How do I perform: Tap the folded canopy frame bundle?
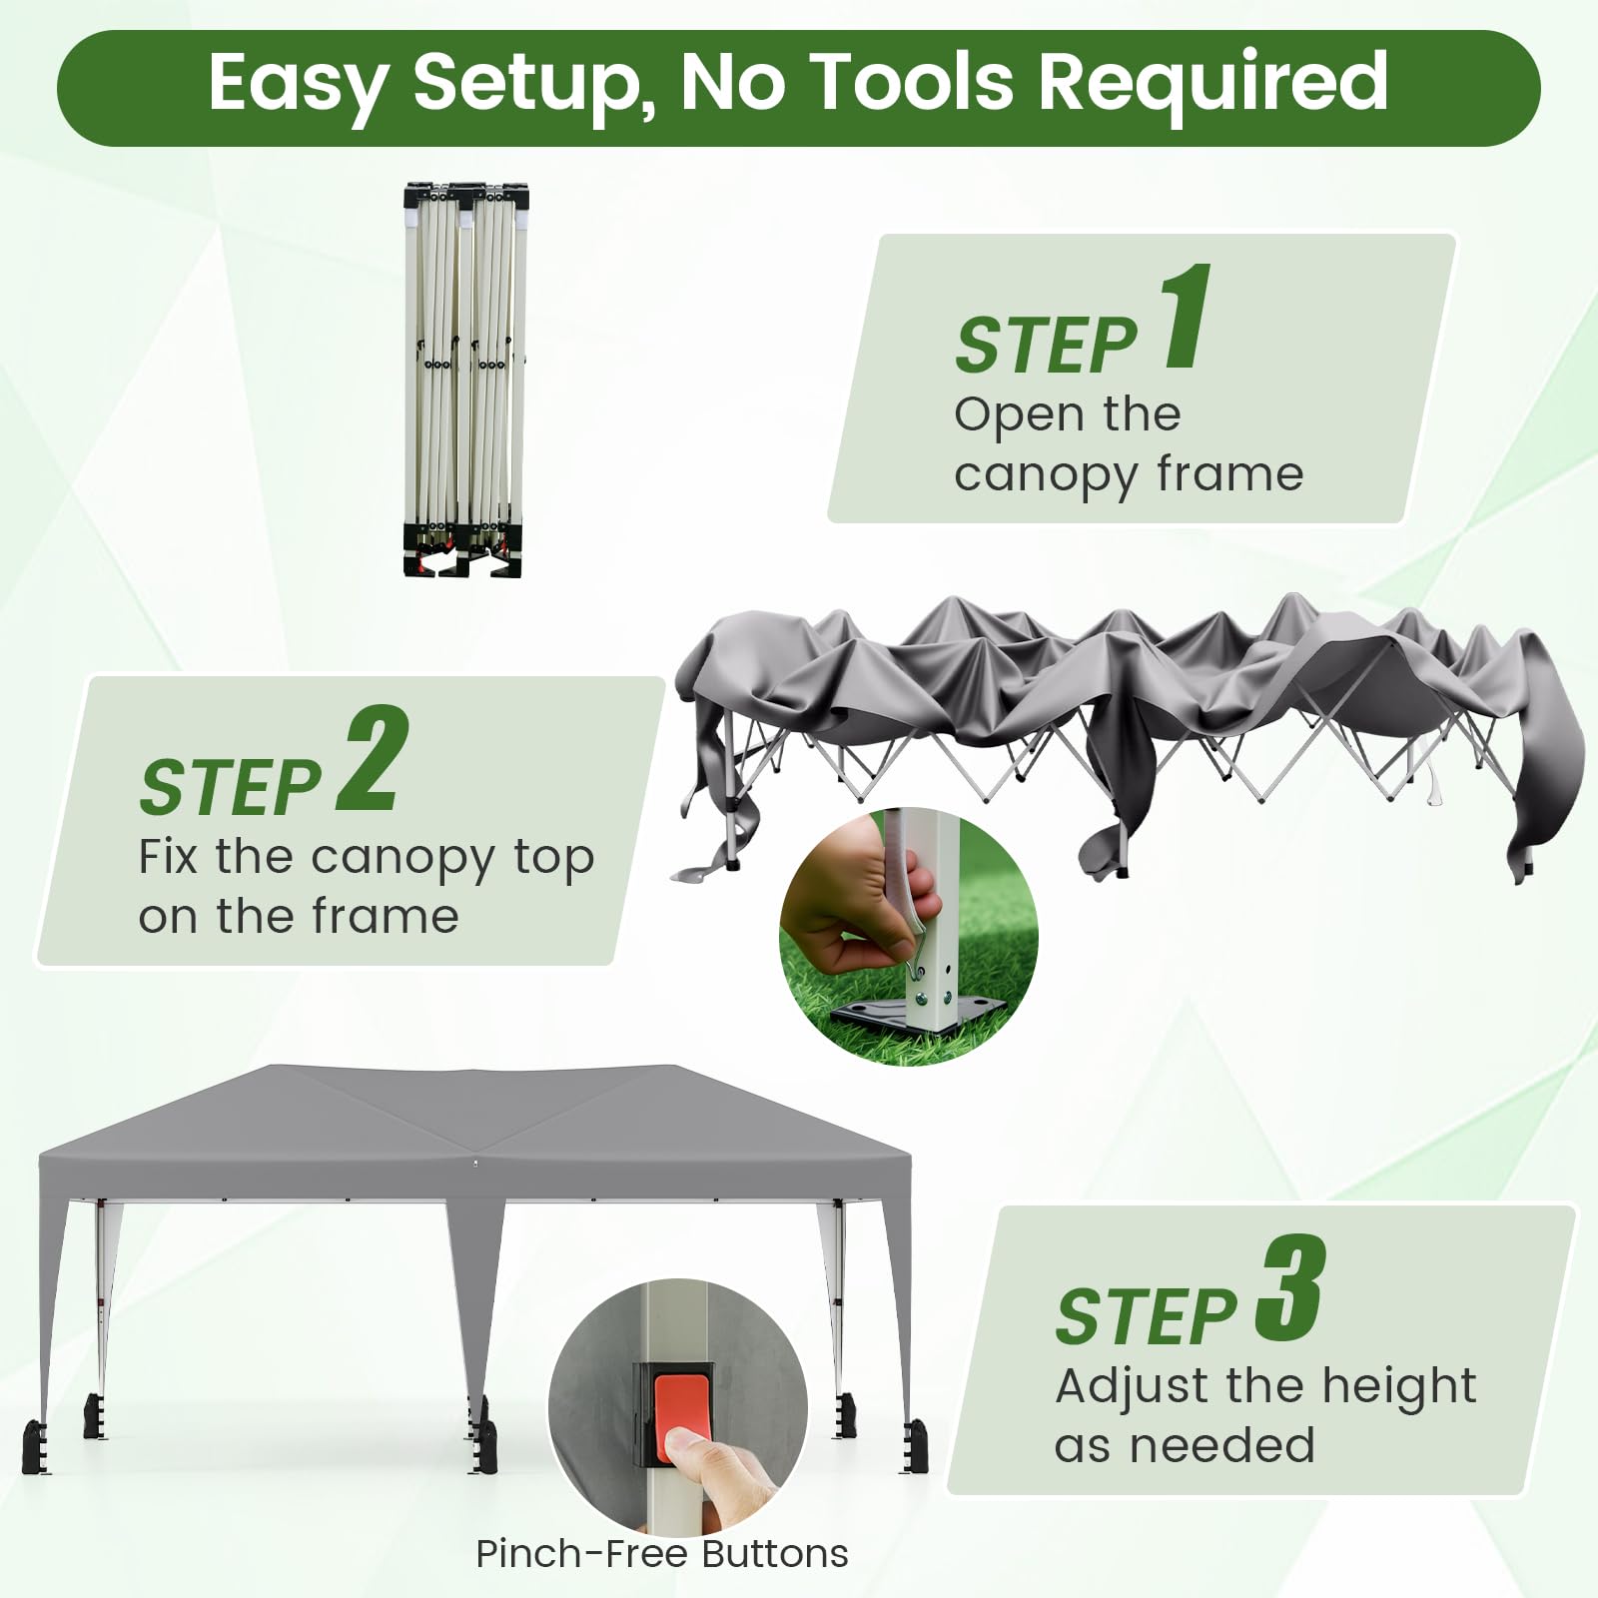[x=465, y=380]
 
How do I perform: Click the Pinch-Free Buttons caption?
[x=661, y=1554]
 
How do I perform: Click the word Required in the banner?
[x=1212, y=84]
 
